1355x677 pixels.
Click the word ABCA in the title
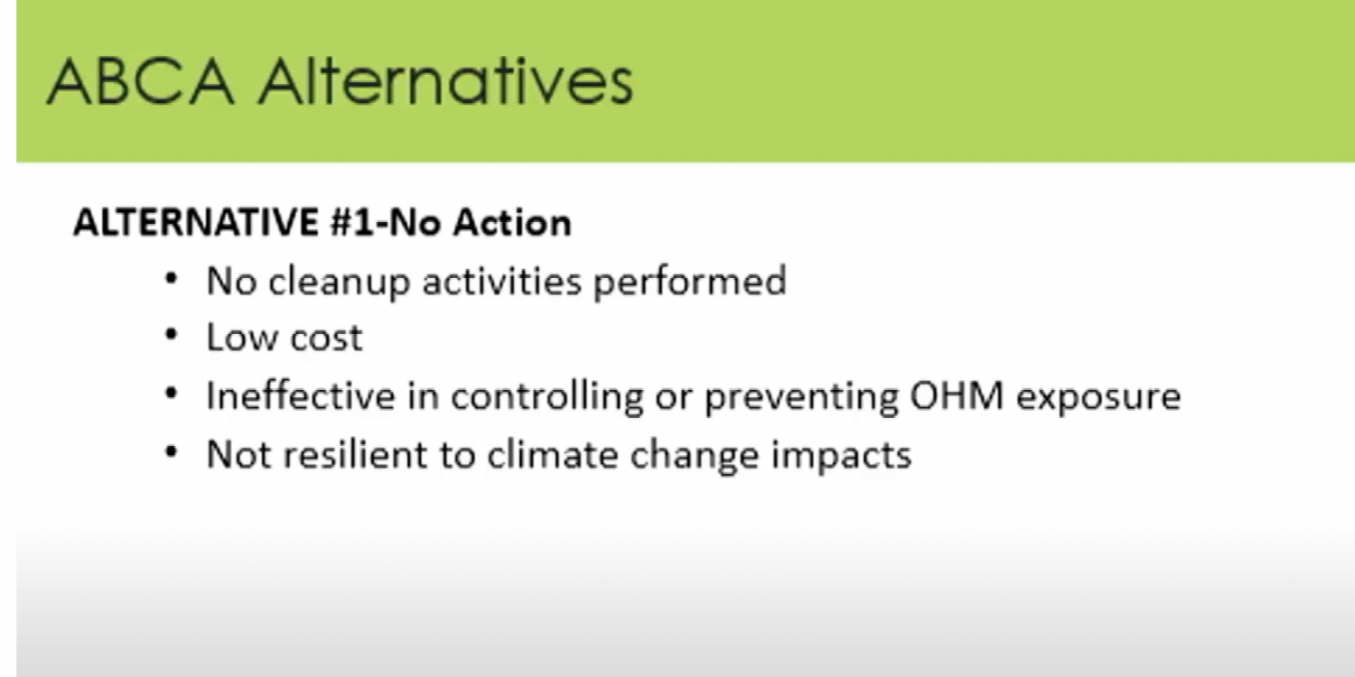pos(140,81)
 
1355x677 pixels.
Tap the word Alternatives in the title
pos(446,81)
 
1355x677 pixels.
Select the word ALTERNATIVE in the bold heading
pos(196,222)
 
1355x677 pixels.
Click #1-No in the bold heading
pos(386,222)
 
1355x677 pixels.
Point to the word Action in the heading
pos(512,222)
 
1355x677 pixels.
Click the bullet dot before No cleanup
pos(172,279)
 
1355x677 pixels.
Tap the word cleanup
pos(340,283)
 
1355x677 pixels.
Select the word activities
pos(502,281)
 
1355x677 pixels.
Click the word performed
pos(690,283)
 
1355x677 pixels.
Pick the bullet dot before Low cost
pos(172,335)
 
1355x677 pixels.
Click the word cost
pos(327,338)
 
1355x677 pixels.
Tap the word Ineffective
pos(301,396)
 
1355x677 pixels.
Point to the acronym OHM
pos(957,396)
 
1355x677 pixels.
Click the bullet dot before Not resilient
pos(172,452)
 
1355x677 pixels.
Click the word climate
pos(553,455)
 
